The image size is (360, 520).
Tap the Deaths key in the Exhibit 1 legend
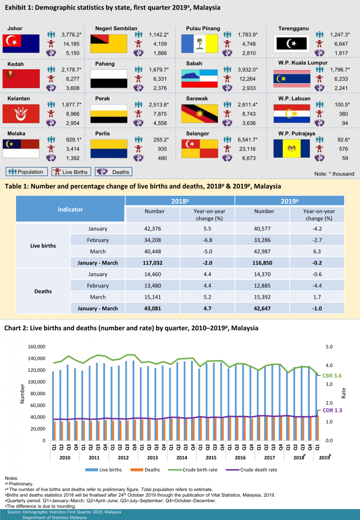coord(114,172)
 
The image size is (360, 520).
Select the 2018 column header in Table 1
coord(180,201)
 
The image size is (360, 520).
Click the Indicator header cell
coord(70,209)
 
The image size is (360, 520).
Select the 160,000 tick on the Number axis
coord(36,347)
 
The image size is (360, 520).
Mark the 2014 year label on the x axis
coord(182,457)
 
